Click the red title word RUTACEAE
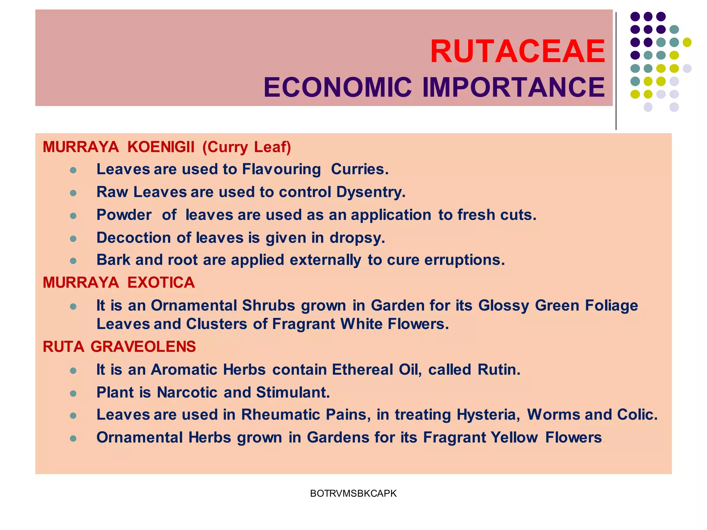(x=517, y=52)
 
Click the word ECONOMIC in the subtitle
(x=338, y=87)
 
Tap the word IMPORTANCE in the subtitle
(x=514, y=87)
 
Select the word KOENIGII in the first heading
(x=161, y=147)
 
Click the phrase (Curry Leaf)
(x=247, y=147)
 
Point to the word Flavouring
(x=281, y=169)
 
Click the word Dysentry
(x=371, y=192)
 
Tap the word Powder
(x=124, y=215)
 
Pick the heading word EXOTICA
(x=161, y=283)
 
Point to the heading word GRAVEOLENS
(x=143, y=347)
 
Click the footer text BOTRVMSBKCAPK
(x=353, y=493)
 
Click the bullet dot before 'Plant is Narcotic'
(x=73, y=393)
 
